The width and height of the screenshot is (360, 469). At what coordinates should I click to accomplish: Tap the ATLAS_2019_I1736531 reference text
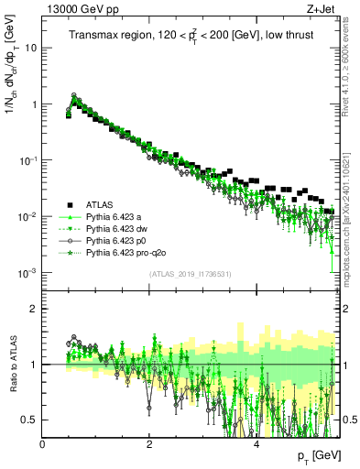point(190,275)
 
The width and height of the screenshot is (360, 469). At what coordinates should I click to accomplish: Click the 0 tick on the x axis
point(43,444)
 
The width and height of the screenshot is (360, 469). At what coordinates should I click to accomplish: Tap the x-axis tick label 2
point(149,444)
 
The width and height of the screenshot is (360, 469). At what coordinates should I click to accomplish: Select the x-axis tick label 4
point(256,444)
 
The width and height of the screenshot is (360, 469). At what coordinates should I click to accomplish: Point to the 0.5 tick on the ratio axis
point(29,420)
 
